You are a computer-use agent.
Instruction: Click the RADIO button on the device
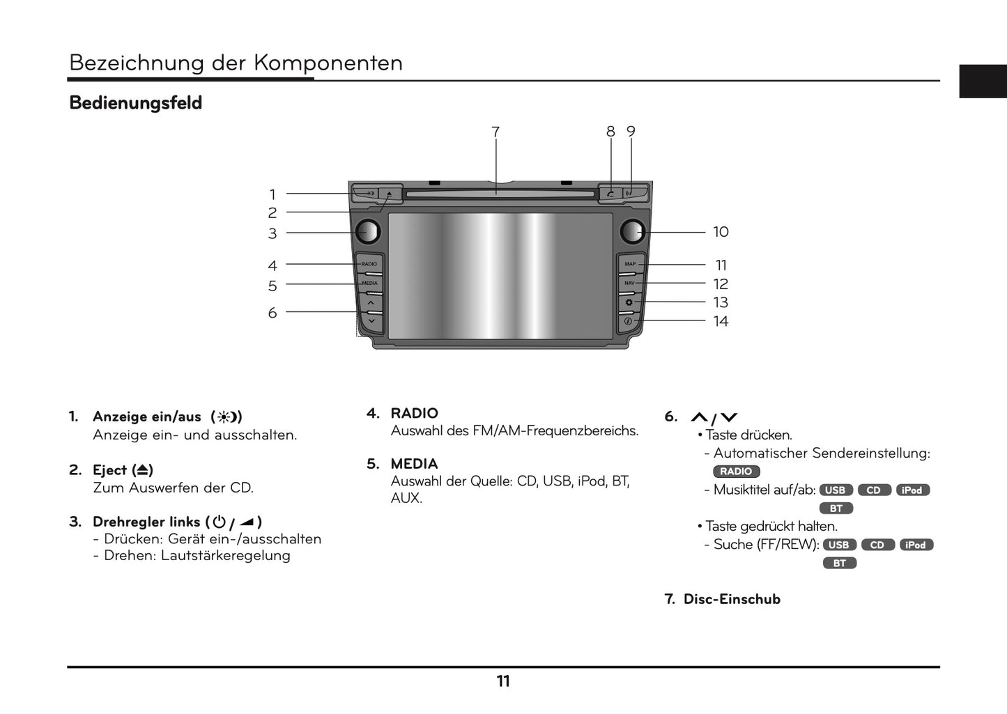(x=369, y=264)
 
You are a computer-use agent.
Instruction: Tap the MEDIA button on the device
(x=370, y=284)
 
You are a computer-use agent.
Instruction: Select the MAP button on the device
(x=630, y=264)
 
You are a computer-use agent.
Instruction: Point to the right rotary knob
(x=632, y=231)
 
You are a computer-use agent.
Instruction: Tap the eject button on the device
(x=389, y=193)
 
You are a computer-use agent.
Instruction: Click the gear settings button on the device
(x=629, y=302)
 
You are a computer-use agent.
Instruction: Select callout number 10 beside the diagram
(x=721, y=232)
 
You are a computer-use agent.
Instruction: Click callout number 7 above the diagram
(x=495, y=132)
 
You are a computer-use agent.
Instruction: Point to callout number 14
(x=721, y=321)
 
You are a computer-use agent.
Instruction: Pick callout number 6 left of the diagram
(x=272, y=313)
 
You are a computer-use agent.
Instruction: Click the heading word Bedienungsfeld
(x=136, y=103)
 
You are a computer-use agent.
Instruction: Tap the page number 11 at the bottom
(x=503, y=681)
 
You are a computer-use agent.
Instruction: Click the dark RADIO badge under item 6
(x=736, y=472)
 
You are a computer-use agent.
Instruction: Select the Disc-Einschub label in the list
(x=732, y=599)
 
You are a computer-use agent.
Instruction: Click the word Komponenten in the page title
(x=328, y=63)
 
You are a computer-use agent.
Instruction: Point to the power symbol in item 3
(x=219, y=521)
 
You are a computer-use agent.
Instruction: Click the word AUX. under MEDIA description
(x=406, y=498)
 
